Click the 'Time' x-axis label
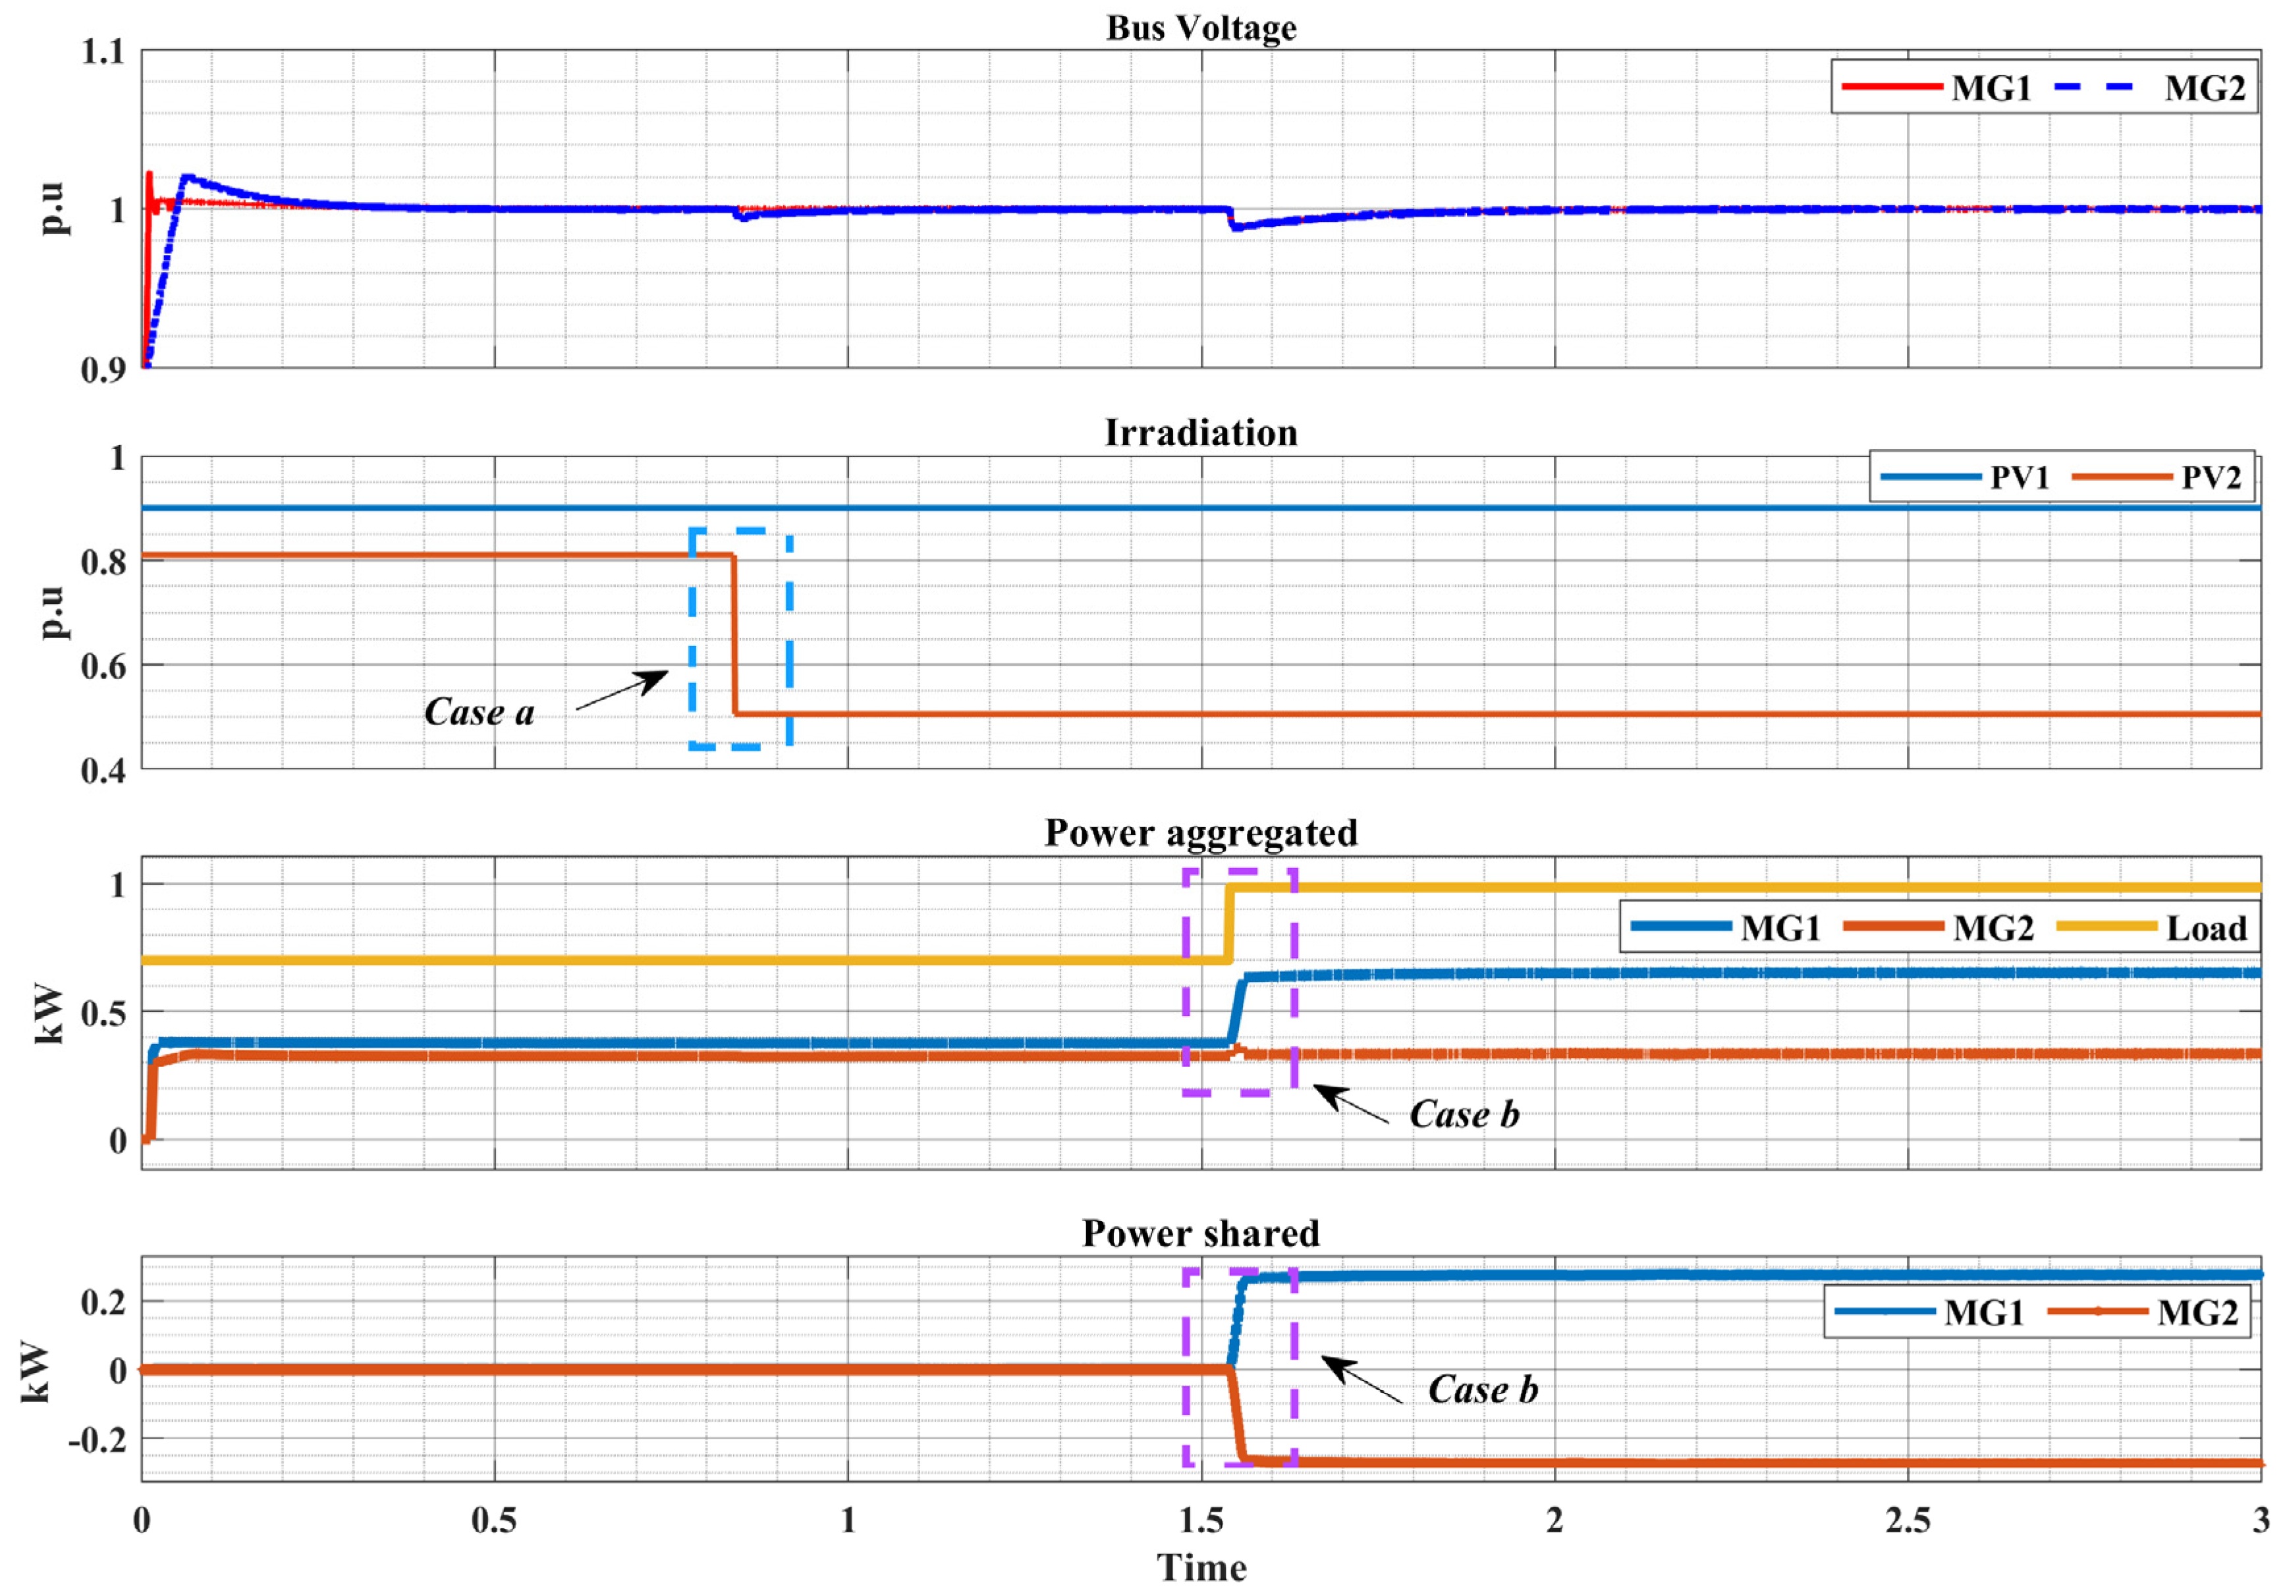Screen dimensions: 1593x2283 pos(1201,1568)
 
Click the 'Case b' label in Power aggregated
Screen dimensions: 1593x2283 pos(1464,1115)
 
